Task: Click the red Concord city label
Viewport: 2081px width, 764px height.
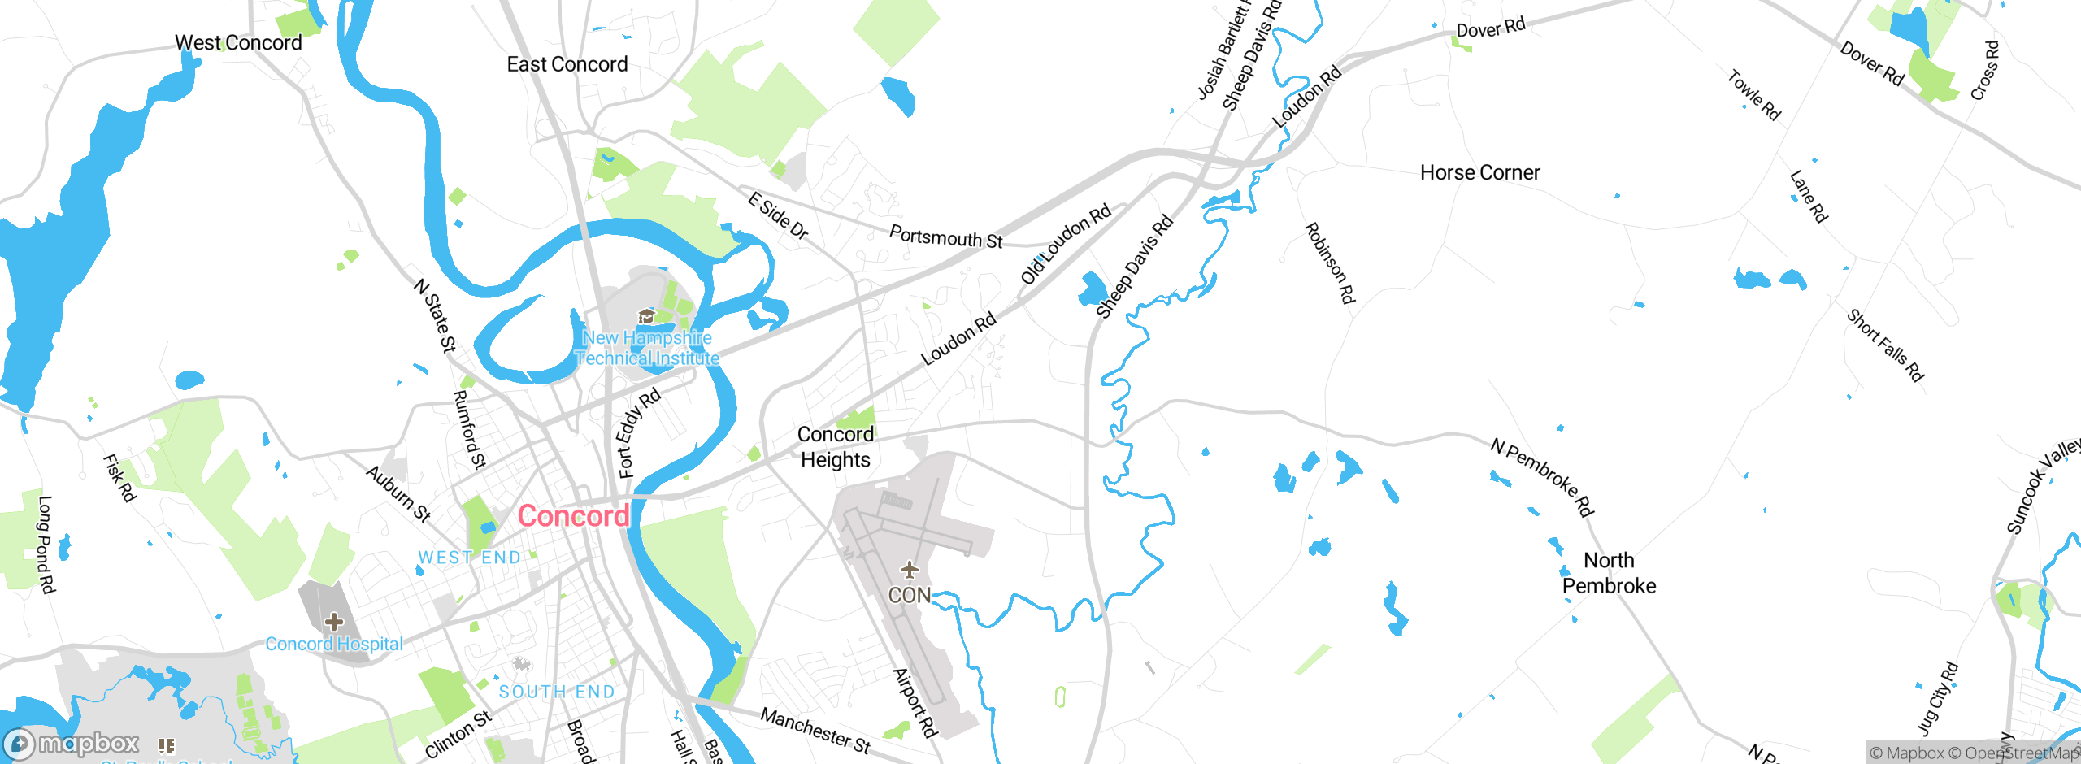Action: coord(573,516)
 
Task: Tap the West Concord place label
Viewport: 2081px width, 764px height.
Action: coord(238,42)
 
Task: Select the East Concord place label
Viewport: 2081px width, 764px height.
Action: coord(567,64)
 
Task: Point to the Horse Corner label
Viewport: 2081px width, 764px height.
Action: coord(1479,172)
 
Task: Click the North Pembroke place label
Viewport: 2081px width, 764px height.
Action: coord(1609,573)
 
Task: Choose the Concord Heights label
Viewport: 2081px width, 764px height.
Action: coord(836,447)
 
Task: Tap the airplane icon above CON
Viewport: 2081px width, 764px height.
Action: coord(909,570)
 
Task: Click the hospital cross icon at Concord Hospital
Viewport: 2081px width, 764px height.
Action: coord(333,623)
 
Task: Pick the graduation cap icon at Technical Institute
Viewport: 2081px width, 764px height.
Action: coord(647,316)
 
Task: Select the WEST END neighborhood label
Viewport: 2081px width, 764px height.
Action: coord(469,558)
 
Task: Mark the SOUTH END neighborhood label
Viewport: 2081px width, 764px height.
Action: coord(557,692)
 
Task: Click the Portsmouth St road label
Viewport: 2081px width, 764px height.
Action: coord(945,237)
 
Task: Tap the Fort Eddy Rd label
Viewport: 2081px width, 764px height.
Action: coord(638,433)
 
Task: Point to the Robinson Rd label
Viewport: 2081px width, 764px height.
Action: coord(1330,263)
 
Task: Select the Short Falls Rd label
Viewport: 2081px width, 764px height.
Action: coord(1885,345)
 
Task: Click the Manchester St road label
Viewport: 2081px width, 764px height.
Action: coord(815,730)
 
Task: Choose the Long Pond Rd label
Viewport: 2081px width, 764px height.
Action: coord(46,545)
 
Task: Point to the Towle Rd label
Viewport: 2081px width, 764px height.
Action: coord(1754,95)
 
